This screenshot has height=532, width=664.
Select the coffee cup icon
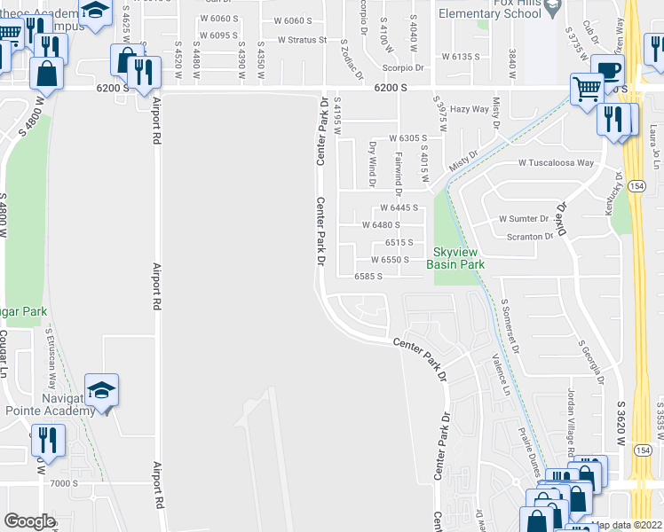(x=608, y=72)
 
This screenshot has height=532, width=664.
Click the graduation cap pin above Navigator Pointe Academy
(x=101, y=390)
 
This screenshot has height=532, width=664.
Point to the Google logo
(x=29, y=521)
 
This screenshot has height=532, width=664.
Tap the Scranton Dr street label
(x=531, y=237)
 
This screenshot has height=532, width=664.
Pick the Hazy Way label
(x=470, y=109)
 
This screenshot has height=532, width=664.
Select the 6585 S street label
(x=368, y=277)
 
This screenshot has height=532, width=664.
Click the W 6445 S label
(x=399, y=207)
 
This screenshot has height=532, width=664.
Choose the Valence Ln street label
(x=501, y=375)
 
